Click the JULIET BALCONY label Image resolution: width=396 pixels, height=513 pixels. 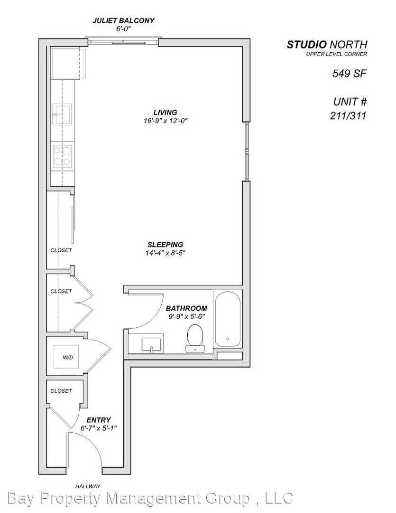(x=123, y=21)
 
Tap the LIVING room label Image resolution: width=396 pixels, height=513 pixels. (x=165, y=112)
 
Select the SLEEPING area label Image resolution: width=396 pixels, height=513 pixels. (x=165, y=245)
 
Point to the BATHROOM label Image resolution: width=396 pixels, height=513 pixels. (x=186, y=308)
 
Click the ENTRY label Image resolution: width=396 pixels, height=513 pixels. (x=99, y=420)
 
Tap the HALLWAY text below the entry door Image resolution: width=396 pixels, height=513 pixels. (x=88, y=486)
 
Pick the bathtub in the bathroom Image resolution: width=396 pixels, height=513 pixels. (x=228, y=319)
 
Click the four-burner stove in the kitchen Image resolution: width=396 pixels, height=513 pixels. (x=62, y=155)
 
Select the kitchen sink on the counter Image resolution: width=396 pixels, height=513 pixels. (x=62, y=114)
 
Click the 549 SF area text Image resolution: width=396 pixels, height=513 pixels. (x=350, y=74)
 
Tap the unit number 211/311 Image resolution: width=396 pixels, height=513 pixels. (x=349, y=115)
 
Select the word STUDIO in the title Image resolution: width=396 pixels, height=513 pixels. (x=306, y=45)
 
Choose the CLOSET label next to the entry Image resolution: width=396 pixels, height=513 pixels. (x=62, y=390)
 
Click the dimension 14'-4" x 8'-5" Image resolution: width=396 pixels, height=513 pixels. (x=165, y=253)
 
